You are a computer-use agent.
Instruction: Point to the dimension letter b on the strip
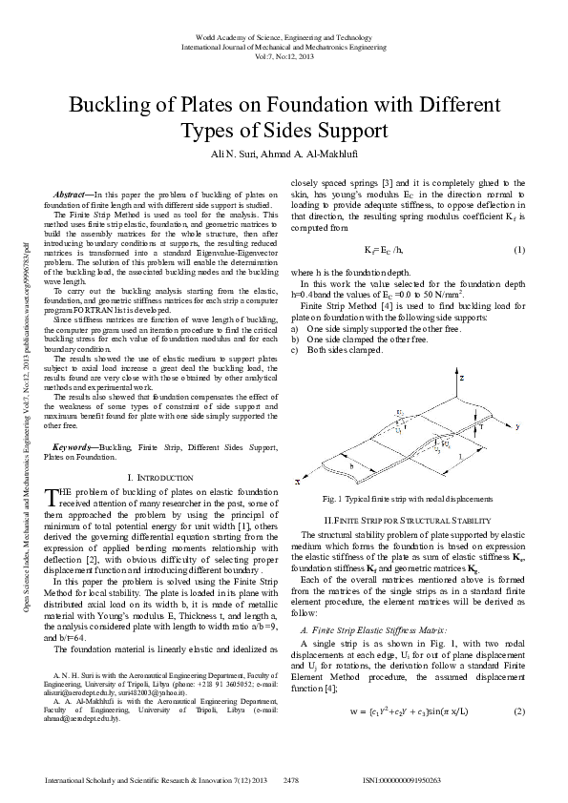(352, 465)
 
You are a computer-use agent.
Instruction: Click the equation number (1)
(519, 250)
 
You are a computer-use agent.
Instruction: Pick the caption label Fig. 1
(333, 499)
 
